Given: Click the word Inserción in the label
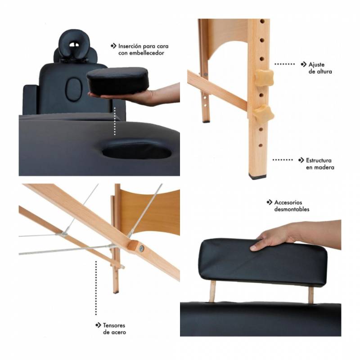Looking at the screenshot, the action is (x=129, y=46).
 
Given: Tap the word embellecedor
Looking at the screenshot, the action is (x=147, y=53).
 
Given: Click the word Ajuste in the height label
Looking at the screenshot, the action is (x=316, y=64).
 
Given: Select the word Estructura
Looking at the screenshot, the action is (x=319, y=160).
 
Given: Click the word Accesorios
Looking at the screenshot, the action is (x=288, y=202).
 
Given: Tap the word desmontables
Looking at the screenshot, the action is (x=292, y=209).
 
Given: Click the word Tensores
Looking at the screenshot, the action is (x=114, y=325).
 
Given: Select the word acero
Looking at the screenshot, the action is (x=118, y=333).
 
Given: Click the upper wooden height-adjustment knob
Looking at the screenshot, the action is (x=264, y=78).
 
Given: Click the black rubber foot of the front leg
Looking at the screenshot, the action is (x=257, y=176).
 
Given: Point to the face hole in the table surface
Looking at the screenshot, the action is (x=137, y=150).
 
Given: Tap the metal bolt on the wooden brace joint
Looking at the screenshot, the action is (x=141, y=248).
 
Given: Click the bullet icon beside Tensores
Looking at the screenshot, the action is (x=98, y=325).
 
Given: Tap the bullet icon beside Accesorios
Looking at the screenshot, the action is (x=269, y=202).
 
